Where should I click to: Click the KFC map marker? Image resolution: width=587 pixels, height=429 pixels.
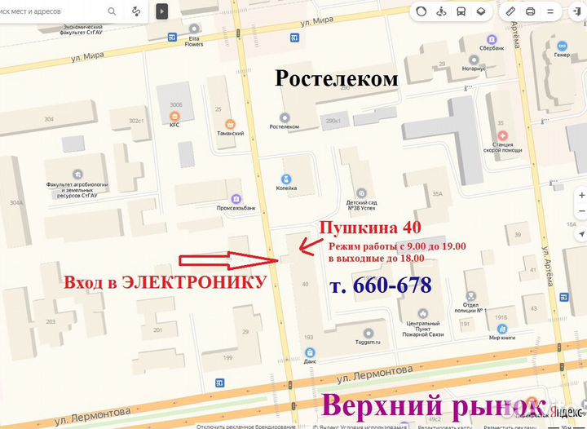(x=174, y=116)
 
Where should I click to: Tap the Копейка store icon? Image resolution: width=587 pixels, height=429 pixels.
(x=286, y=179)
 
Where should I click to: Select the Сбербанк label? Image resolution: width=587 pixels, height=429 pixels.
(x=492, y=49)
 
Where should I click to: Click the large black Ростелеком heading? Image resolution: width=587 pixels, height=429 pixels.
(x=337, y=78)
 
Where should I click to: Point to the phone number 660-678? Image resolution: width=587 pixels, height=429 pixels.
(x=380, y=285)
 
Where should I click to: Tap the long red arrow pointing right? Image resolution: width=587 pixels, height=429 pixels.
(x=229, y=261)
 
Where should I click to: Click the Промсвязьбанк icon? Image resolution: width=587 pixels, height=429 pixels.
(x=236, y=198)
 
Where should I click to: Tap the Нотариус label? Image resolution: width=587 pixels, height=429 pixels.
(x=471, y=69)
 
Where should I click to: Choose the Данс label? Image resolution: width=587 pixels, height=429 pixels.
(x=310, y=360)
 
